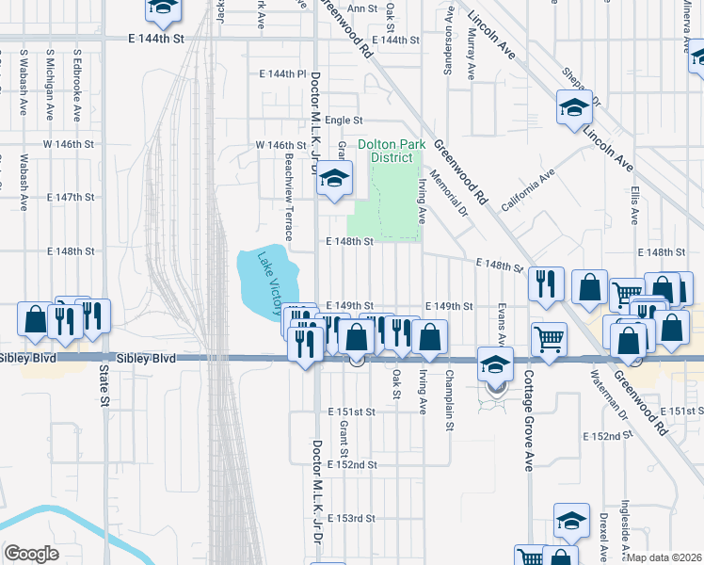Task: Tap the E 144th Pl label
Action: pyautogui.click(x=283, y=73)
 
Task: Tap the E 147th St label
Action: pyautogui.click(x=73, y=198)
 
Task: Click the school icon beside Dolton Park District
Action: pyautogui.click(x=334, y=179)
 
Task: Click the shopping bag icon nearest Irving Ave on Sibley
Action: pyautogui.click(x=430, y=336)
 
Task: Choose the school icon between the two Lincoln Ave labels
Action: pyautogui.click(x=573, y=108)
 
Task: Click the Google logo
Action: pyautogui.click(x=31, y=554)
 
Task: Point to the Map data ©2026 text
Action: pyautogui.click(x=664, y=557)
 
